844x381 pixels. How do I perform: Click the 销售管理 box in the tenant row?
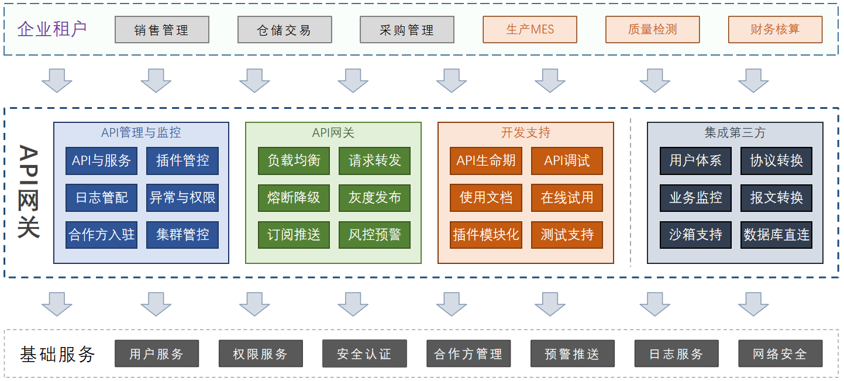point(161,29)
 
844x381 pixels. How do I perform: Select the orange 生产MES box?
point(529,29)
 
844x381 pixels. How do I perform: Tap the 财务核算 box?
point(775,29)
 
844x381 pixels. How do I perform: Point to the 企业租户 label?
point(52,29)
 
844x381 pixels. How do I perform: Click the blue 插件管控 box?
point(182,160)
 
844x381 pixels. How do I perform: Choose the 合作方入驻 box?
point(101,235)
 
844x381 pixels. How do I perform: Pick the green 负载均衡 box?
point(294,160)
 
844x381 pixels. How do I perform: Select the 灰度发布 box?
point(374,198)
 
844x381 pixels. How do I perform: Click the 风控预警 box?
point(374,235)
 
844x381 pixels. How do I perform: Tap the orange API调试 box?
point(567,160)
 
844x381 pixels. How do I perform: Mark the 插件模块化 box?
point(485,235)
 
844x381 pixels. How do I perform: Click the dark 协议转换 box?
point(776,160)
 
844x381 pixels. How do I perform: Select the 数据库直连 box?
point(776,235)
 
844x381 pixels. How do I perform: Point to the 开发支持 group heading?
point(525,133)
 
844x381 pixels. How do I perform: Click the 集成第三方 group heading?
point(735,133)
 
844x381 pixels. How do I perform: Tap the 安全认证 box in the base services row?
point(364,353)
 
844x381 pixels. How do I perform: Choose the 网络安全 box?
point(780,353)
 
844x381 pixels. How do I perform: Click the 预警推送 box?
point(572,353)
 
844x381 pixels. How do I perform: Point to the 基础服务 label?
point(57,353)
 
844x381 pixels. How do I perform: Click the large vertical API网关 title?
point(29,191)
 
